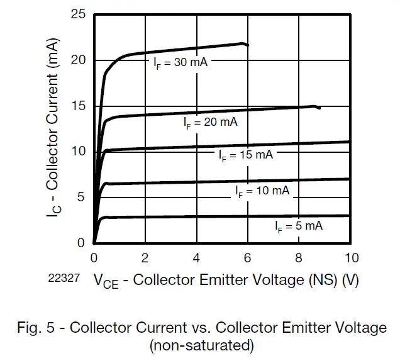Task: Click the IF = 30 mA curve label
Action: pos(181,62)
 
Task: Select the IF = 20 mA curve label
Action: pos(211,123)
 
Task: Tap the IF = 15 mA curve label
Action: pos(246,154)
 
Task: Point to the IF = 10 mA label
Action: pos(262,190)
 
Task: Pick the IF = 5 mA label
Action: pos(298,226)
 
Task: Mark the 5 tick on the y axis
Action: pos(81,197)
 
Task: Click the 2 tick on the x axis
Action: pos(145,258)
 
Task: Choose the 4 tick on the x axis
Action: pos(196,258)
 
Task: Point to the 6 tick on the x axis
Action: pos(248,258)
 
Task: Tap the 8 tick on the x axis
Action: pos(299,258)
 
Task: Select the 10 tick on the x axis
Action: pos(351,258)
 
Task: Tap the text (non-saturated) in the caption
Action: pos(201,344)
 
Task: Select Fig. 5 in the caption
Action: pos(35,328)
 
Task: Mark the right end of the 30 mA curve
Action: pos(248,45)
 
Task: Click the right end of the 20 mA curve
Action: pos(319,108)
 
